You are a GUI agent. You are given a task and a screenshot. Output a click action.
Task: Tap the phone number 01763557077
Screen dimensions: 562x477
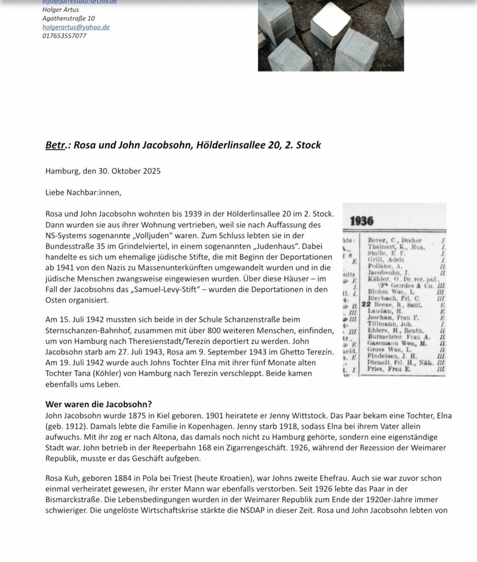point(64,36)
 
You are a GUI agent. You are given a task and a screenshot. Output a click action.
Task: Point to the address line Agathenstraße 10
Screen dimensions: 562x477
point(69,18)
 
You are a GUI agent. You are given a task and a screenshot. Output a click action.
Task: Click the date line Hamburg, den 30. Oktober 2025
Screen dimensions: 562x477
point(103,171)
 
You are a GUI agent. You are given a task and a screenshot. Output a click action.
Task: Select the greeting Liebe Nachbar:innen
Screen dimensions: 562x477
point(83,192)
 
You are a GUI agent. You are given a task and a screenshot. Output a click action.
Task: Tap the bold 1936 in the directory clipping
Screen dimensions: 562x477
point(361,221)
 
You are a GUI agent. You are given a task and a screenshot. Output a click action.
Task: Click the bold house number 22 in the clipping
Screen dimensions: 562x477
point(366,304)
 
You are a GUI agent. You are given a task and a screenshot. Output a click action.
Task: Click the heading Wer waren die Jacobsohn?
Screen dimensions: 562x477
point(99,404)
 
